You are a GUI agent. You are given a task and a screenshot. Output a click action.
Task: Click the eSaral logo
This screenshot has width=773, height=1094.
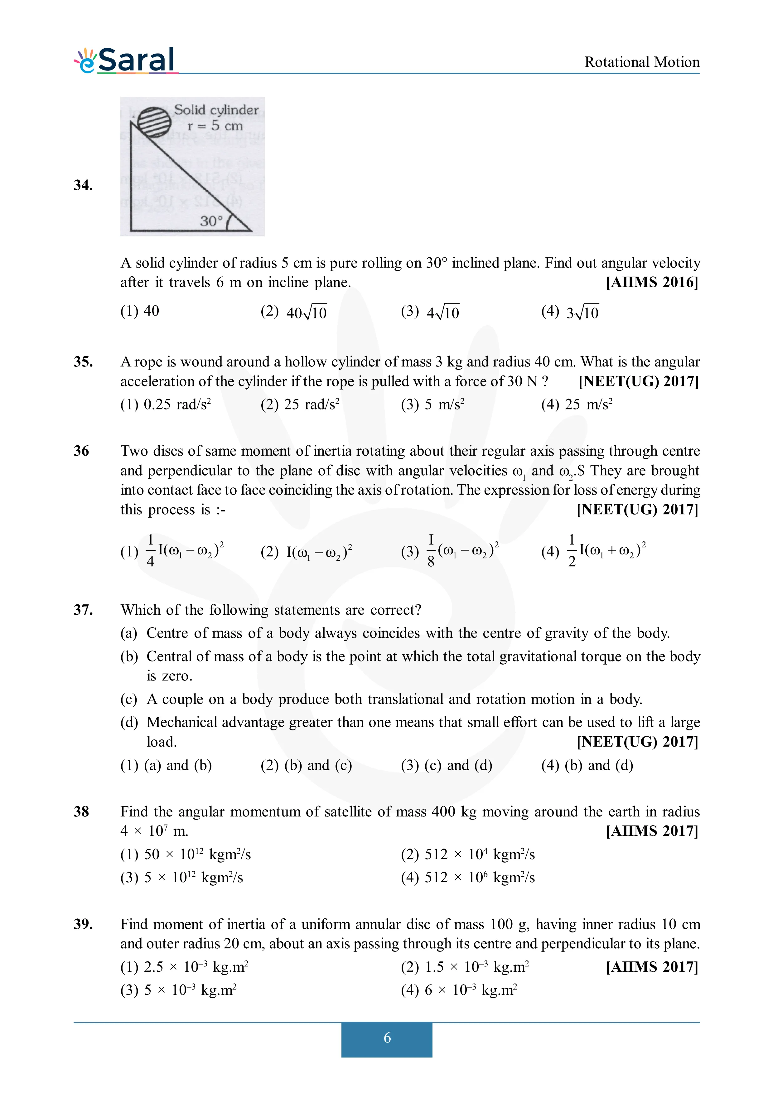click(125, 61)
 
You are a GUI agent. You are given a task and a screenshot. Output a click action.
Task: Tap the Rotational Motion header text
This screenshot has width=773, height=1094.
click(641, 62)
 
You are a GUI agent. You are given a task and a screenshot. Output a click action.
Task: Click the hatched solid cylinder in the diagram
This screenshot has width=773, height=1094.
click(154, 122)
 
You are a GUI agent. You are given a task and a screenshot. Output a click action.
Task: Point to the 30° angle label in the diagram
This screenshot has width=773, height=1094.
click(211, 221)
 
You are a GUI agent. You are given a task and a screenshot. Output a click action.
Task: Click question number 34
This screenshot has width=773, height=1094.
click(83, 185)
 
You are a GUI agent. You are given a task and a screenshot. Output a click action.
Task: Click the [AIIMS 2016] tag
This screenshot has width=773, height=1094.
click(652, 282)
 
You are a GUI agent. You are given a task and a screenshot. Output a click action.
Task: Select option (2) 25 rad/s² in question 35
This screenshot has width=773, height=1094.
click(300, 404)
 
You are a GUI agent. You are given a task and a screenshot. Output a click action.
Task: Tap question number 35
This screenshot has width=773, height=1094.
click(83, 362)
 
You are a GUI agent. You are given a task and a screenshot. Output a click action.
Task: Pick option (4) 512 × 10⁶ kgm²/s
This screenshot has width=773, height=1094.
click(468, 878)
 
